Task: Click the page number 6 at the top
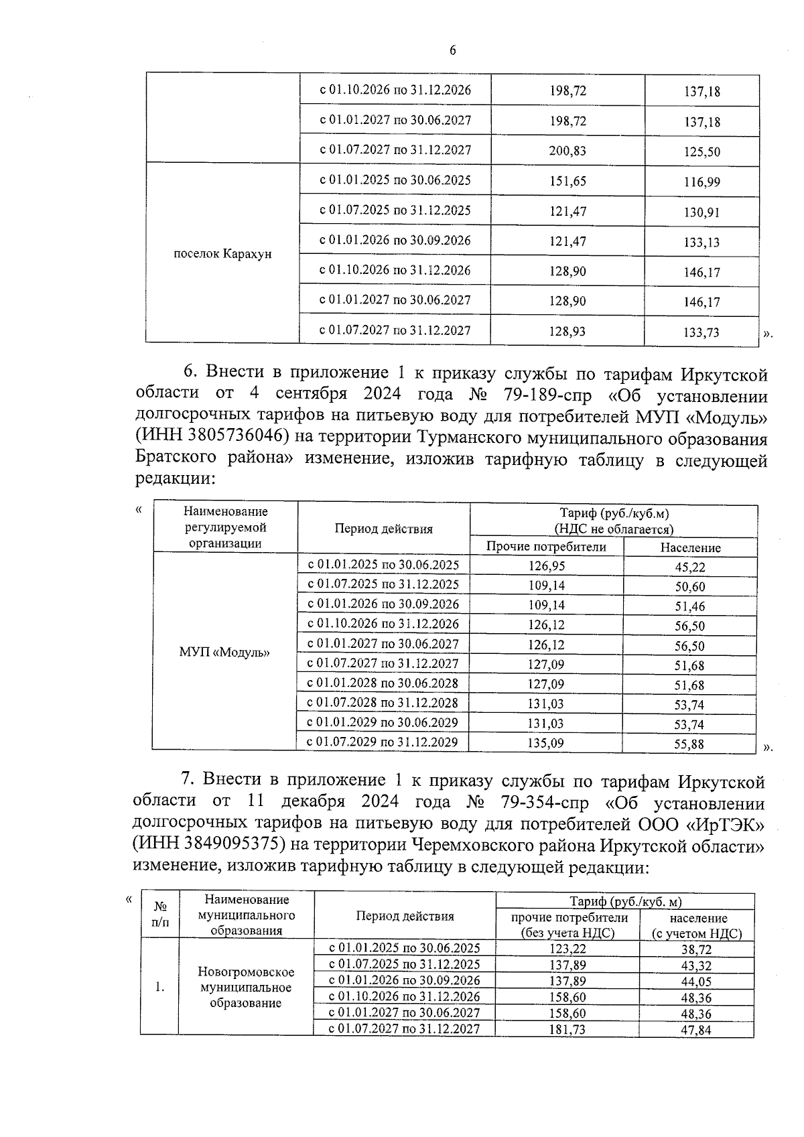pos(453,51)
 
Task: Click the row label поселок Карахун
pos(222,255)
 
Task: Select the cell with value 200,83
pos(567,151)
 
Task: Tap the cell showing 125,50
pos(701,152)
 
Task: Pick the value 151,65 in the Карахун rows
pos(567,182)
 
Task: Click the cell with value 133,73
pos(701,332)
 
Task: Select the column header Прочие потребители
pos(546,547)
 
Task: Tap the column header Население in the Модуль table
pos(690,547)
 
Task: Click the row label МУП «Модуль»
pos(224,652)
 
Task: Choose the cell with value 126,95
pos(547,566)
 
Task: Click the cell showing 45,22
pos(689,567)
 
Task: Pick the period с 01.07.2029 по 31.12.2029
pos(382,742)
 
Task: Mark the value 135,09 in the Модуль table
pos(547,743)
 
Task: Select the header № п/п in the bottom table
pos(160,915)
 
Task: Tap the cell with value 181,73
pos(567,1029)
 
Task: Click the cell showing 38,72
pos(696,949)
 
